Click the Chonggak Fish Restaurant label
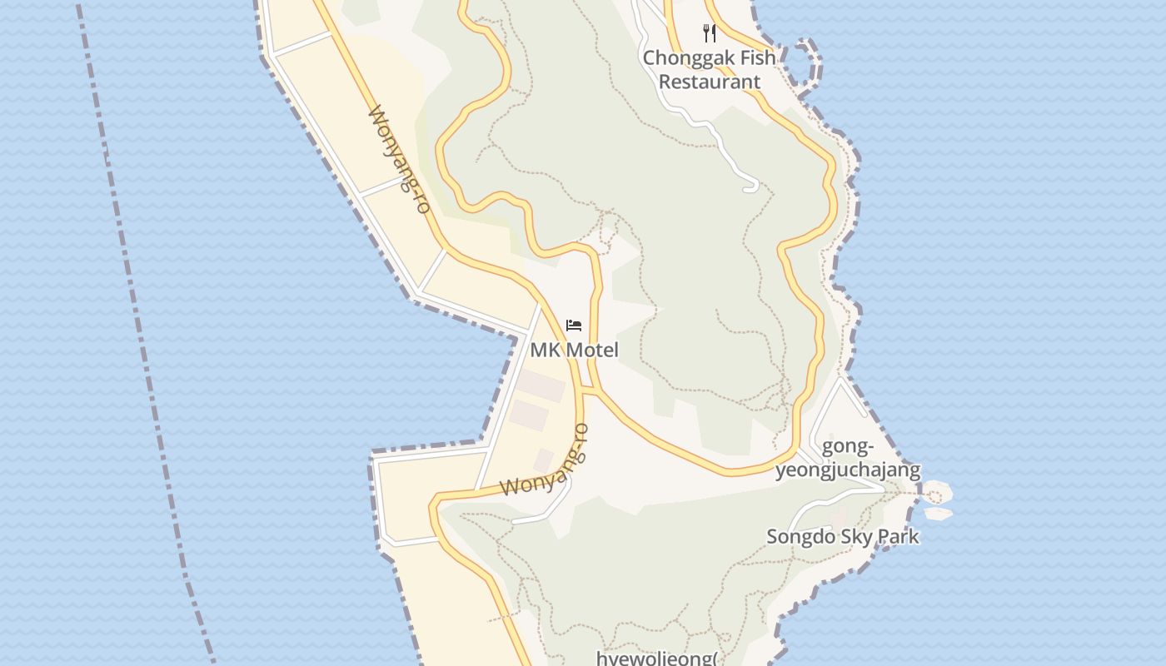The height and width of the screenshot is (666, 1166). point(709,70)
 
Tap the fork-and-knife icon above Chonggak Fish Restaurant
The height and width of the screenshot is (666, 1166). point(710,33)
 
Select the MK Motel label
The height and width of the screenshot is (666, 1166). point(575,350)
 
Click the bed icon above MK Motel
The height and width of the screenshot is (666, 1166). point(574,325)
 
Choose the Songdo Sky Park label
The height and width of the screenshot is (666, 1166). point(843,537)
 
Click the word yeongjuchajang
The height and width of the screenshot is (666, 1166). point(848,470)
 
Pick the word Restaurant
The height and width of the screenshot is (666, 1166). point(710,82)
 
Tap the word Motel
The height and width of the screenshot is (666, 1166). point(592,350)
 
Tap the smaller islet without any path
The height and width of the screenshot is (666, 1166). point(939,514)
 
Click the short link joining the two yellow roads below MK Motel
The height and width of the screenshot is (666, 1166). point(589,390)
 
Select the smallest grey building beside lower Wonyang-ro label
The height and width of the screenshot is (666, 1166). point(544,459)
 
